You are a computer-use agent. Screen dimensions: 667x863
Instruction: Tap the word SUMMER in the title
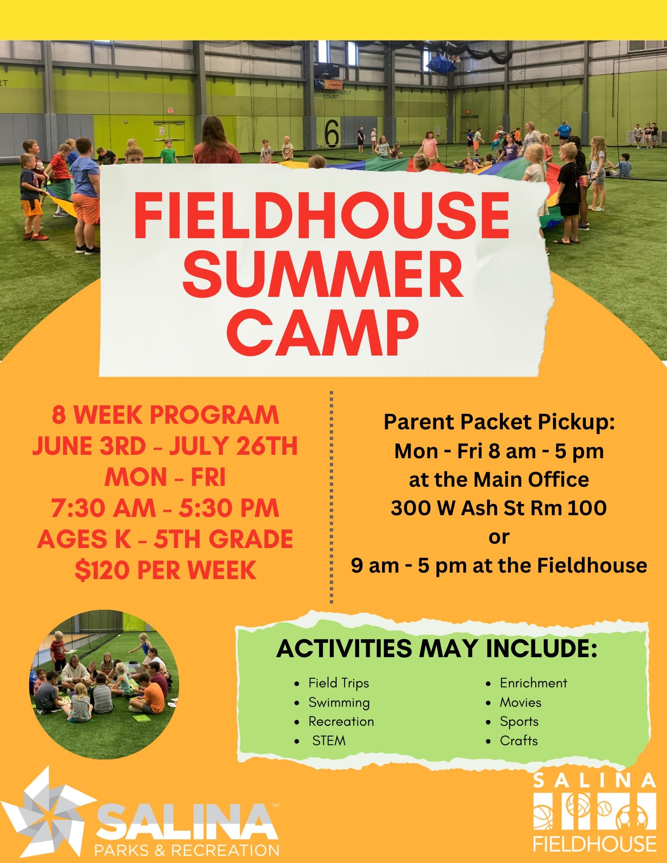click(x=322, y=276)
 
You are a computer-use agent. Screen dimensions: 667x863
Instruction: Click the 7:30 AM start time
click(x=103, y=508)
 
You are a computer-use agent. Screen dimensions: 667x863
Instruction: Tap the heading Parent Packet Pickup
click(x=499, y=422)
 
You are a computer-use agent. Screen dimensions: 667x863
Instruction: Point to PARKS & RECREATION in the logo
click(x=187, y=850)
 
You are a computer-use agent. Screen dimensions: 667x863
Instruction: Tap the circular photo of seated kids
click(x=104, y=684)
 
